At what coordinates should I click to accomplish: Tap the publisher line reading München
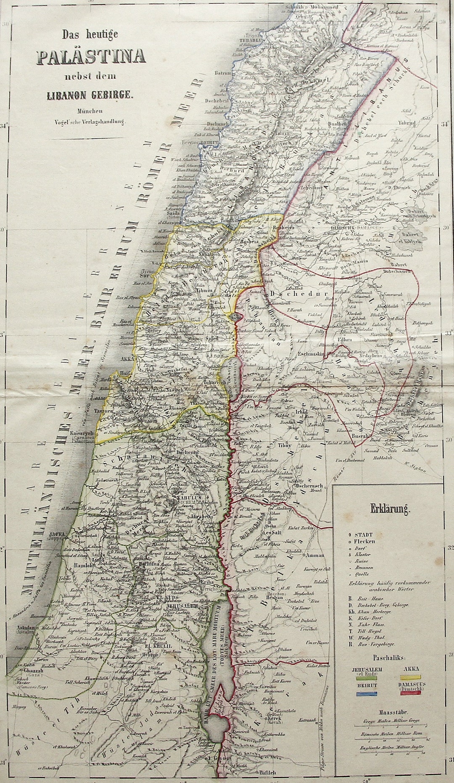pos(91,111)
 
